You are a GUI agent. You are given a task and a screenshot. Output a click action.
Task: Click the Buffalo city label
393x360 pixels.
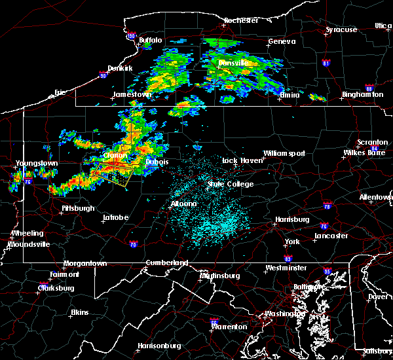pyautogui.click(x=150, y=41)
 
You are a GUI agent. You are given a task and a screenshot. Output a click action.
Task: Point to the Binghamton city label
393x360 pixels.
pyautogui.click(x=362, y=95)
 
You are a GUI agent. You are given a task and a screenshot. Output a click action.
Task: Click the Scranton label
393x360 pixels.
pyautogui.click(x=372, y=143)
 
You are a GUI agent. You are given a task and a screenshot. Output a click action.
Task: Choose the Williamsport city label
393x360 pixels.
pyautogui.click(x=284, y=154)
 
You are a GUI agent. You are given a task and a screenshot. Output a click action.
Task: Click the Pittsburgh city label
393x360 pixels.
pyautogui.click(x=78, y=209)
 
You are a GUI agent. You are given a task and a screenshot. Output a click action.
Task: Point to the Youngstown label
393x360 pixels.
pyautogui.click(x=37, y=163)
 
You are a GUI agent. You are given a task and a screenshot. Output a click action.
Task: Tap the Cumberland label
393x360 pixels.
pyautogui.click(x=166, y=263)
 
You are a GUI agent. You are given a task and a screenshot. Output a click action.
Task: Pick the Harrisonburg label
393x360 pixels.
pyautogui.click(x=159, y=346)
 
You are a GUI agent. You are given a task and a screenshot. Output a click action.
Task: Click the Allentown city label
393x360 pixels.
pyautogui.click(x=376, y=197)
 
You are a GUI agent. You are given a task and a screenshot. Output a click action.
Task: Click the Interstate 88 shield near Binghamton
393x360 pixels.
pyautogui.click(x=369, y=89)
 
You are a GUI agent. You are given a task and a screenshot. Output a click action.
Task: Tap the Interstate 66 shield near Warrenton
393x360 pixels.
pyautogui.click(x=214, y=321)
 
